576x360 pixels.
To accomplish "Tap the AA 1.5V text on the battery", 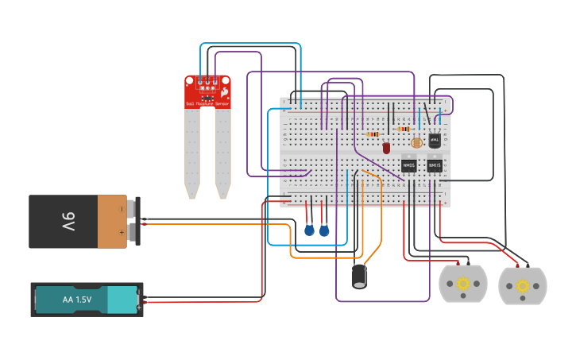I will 77,300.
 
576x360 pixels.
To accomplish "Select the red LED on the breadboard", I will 386,148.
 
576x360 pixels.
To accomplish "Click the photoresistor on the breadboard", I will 416,143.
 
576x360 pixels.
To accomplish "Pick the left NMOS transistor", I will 408,165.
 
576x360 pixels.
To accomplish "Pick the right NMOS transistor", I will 435,165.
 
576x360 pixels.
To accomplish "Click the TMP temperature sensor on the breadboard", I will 435,139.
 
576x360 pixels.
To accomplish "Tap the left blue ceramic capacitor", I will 309,230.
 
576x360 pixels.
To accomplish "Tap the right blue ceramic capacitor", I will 324,230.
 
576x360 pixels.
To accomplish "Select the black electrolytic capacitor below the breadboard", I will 359,276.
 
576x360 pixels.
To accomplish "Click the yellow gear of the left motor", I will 462,284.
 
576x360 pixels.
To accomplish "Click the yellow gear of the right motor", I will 522,285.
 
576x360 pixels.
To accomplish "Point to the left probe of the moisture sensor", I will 191,151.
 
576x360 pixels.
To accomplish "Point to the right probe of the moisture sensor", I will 222,151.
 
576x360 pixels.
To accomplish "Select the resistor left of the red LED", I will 372,134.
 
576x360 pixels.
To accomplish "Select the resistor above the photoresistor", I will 404,129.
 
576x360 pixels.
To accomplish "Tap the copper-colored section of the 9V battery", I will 112,222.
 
